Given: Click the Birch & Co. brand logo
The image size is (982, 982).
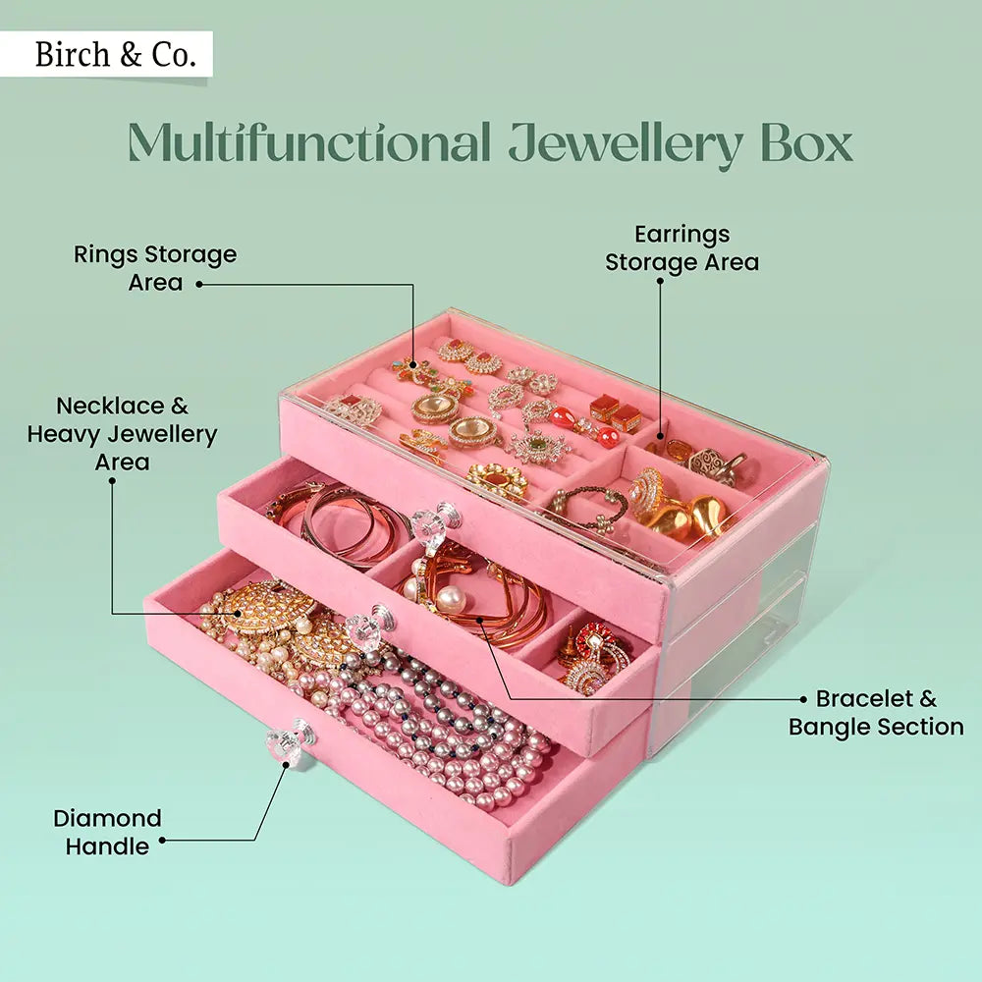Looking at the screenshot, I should (x=107, y=54).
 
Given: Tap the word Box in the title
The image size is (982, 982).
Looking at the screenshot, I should (x=804, y=143).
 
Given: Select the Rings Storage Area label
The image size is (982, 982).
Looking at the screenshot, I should (x=155, y=268).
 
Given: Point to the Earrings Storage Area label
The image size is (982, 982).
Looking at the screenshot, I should (x=682, y=248).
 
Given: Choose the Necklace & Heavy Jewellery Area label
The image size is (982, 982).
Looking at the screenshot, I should (x=122, y=433).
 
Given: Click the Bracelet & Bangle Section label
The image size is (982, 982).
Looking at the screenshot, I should (x=876, y=713).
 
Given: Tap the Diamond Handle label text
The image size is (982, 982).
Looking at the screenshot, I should (x=107, y=832).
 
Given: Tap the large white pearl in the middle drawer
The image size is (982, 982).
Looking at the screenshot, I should (x=451, y=599).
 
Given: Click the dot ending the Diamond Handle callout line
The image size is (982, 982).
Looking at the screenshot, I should (x=162, y=841).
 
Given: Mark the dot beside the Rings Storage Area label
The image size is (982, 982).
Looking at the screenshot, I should (x=196, y=285).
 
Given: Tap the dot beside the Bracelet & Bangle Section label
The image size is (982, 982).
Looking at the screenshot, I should (x=803, y=699).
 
